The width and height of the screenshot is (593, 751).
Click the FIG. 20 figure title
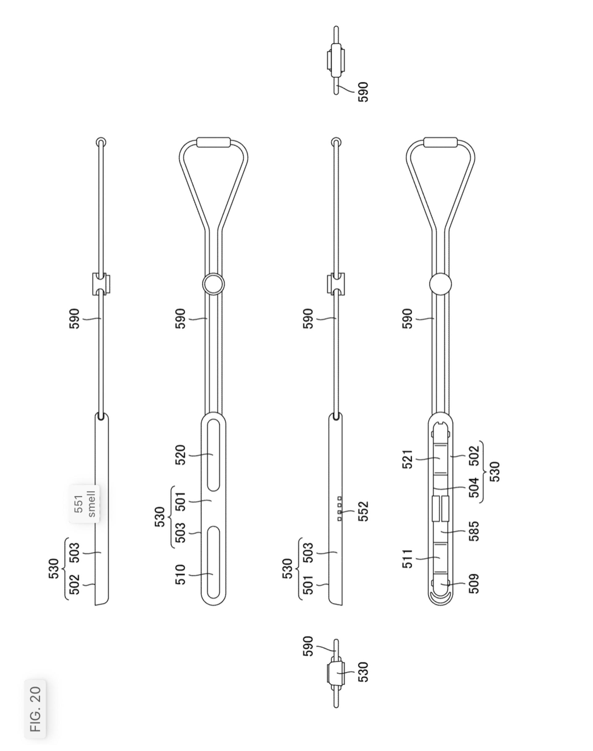click(x=35, y=708)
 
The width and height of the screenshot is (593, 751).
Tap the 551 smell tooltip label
click(x=84, y=504)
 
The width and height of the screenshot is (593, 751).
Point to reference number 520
click(x=181, y=455)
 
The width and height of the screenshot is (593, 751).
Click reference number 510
click(x=181, y=574)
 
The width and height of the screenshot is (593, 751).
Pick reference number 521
click(x=408, y=459)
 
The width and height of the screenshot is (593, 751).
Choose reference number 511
click(x=408, y=558)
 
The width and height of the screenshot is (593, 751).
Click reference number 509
click(x=474, y=584)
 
